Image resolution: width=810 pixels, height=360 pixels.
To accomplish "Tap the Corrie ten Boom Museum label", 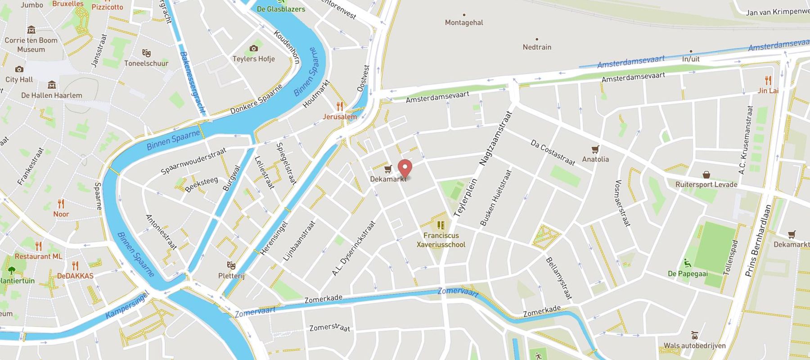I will (x=31, y=45).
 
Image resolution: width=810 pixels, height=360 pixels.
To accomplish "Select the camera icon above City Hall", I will (x=19, y=69).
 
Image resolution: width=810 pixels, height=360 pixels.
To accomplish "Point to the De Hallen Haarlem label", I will (x=51, y=95).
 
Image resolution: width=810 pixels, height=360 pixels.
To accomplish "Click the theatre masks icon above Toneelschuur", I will (x=146, y=53).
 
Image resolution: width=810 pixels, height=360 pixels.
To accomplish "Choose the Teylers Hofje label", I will (x=253, y=59).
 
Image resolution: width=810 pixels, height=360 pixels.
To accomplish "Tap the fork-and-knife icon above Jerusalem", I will (x=340, y=107).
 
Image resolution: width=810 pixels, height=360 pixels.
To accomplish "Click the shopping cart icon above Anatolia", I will (x=595, y=149).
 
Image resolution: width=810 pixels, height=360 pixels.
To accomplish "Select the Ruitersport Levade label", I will (x=706, y=184).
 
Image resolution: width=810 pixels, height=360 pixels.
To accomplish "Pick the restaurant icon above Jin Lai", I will (x=768, y=81).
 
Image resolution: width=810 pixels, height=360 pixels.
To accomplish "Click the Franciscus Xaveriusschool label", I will (x=441, y=240).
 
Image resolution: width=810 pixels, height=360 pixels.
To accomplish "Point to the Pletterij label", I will (x=231, y=275).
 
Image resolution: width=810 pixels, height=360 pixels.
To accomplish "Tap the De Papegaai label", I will (x=688, y=274).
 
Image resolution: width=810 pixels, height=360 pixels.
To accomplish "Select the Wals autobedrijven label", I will (x=694, y=346).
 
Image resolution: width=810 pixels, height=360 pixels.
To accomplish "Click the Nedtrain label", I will (x=537, y=47).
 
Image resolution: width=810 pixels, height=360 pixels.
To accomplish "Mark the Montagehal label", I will (x=464, y=22).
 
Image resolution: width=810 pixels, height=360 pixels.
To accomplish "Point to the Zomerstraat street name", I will (x=329, y=327).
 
